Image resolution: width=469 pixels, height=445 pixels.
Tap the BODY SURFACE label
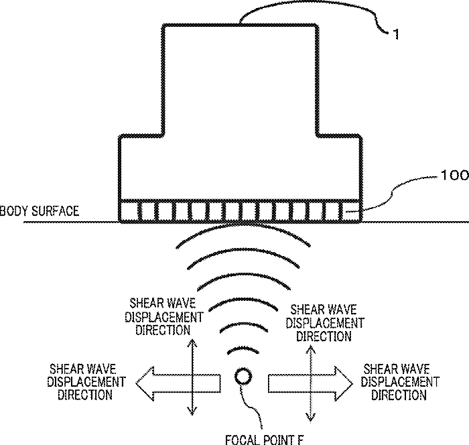click(40, 212)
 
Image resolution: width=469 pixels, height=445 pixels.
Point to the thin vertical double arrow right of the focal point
click(311, 379)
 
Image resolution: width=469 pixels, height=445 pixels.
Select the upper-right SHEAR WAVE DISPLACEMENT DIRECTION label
click(325, 322)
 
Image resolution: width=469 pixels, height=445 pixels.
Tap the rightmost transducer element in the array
click(351, 212)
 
